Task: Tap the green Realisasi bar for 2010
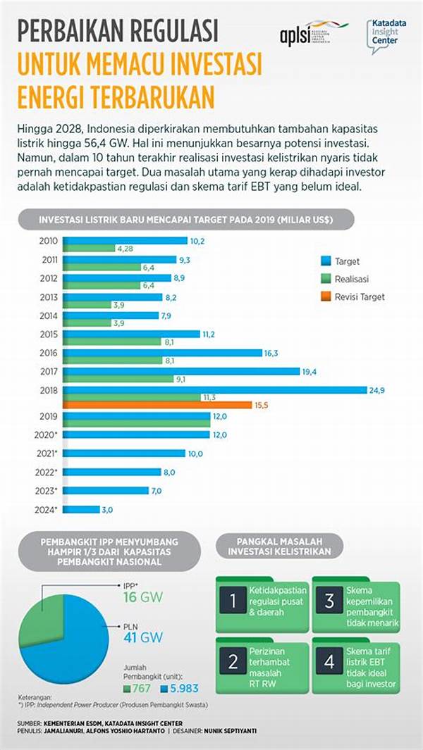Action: coord(89,248)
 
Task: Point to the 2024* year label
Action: coord(47,509)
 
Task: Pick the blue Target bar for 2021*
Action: coord(124,454)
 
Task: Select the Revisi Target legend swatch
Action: coord(326,296)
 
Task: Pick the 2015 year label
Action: coord(49,333)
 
